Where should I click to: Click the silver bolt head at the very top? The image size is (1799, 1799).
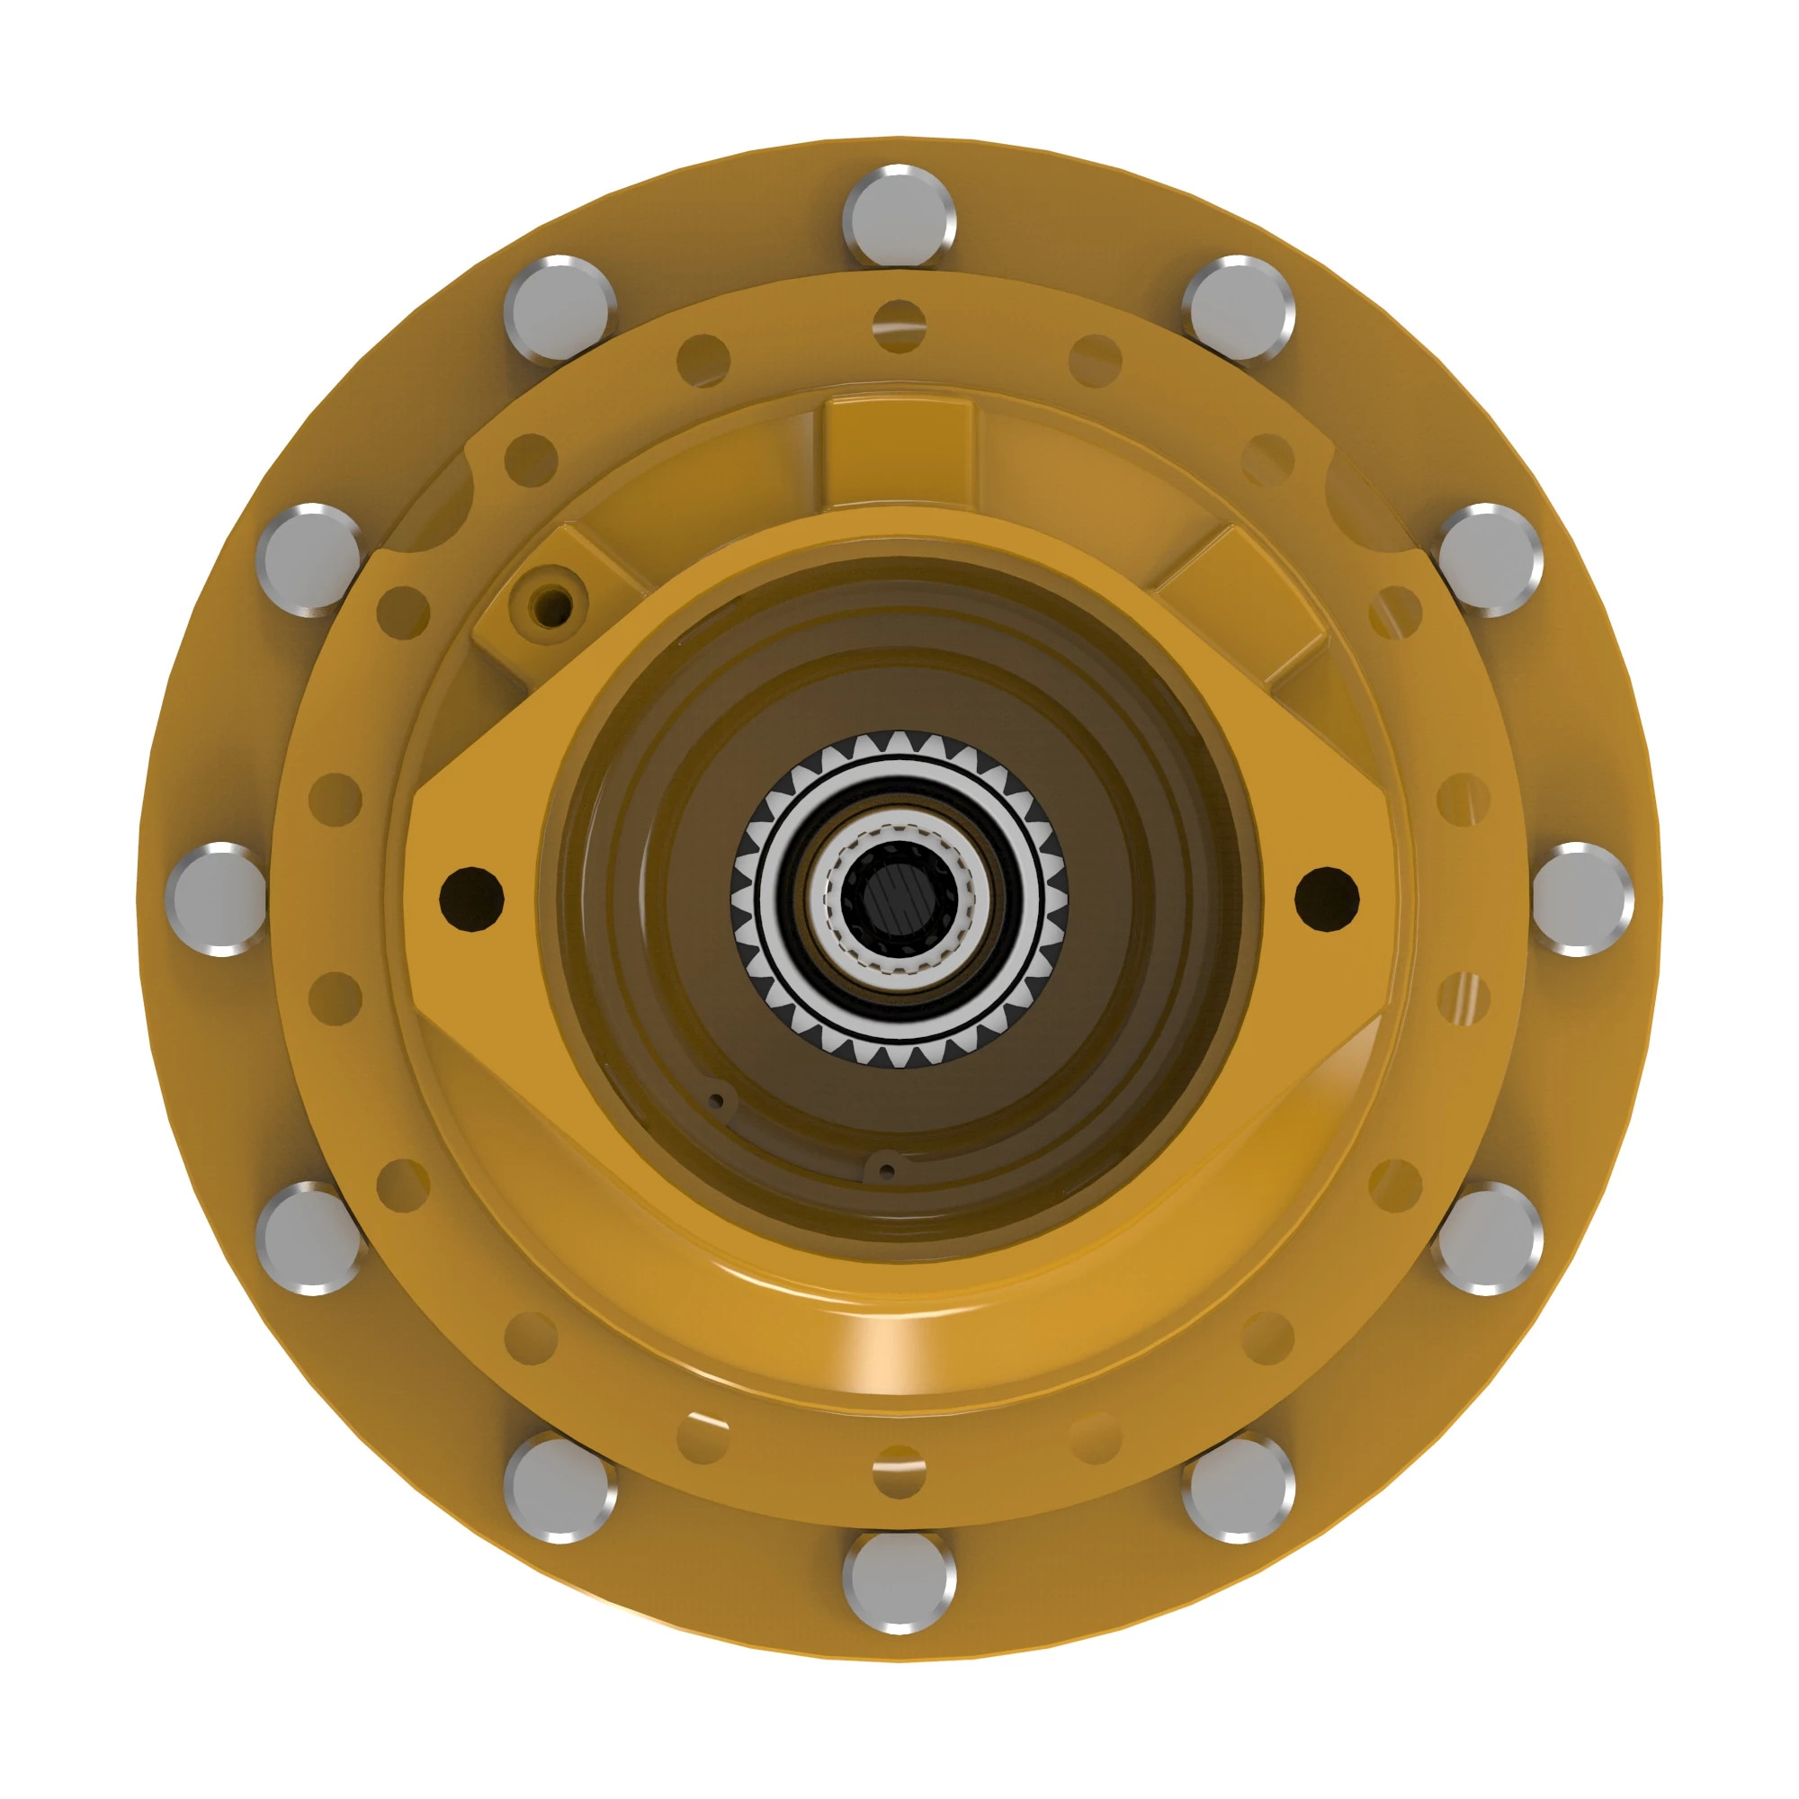pyautogui.click(x=899, y=216)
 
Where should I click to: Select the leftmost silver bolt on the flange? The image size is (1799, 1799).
pyautogui.click(x=216, y=899)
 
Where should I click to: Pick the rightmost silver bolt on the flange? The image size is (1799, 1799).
pyautogui.click(x=1582, y=899)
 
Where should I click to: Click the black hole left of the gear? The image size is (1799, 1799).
pyautogui.click(x=471, y=899)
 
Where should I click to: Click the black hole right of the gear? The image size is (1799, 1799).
pyautogui.click(x=1327, y=899)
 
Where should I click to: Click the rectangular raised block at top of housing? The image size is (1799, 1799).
pyautogui.click(x=899, y=453)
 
